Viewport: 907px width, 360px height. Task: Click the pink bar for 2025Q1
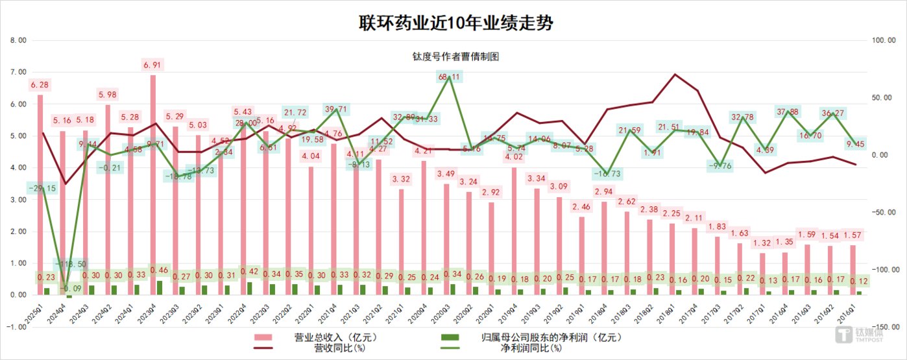click(40, 195)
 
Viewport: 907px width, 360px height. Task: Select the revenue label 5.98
click(108, 95)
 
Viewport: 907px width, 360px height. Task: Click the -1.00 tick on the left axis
click(16, 327)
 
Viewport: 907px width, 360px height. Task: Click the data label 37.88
click(788, 112)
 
